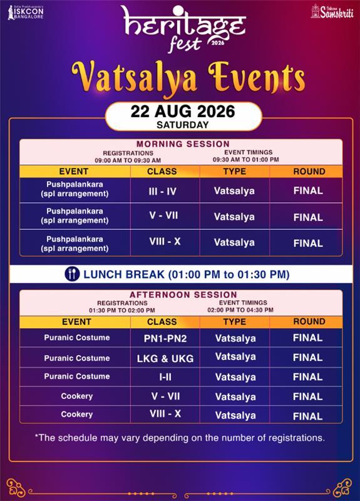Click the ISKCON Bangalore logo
coord(26,12)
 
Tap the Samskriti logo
coord(332,11)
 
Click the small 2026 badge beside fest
coord(217,42)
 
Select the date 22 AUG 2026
coord(183,111)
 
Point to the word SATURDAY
coord(183,125)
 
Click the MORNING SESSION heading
coord(183,144)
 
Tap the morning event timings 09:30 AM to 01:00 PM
coord(245,160)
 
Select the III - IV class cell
coord(162,191)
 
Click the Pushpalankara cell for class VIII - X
coord(75,244)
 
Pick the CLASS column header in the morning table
coord(162,172)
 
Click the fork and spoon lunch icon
coord(72,274)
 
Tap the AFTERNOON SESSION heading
coord(183,294)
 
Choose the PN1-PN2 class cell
coord(165,338)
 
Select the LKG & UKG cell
coord(165,358)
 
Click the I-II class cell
coord(165,377)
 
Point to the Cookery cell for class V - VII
coord(76,396)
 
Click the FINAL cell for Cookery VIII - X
coord(307,416)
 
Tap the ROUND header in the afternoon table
coord(309,322)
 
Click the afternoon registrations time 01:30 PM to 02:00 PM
coord(122,310)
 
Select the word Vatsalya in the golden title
coord(134,76)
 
